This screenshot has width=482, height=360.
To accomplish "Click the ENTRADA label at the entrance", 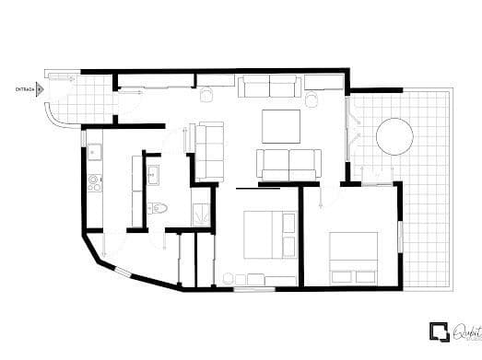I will click(25, 89).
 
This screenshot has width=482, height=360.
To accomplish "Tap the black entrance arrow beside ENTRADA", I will click(41, 89).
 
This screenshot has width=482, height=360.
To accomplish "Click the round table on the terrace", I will click(394, 137).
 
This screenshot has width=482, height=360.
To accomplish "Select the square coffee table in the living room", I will click(281, 125).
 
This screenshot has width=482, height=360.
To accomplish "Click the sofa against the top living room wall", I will click(268, 87).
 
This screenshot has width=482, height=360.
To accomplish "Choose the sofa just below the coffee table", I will click(288, 164).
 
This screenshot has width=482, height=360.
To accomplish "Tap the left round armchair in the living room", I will click(206, 93).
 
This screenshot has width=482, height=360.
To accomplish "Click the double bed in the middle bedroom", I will click(269, 236).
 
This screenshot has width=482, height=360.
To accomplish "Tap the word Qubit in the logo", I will click(462, 329).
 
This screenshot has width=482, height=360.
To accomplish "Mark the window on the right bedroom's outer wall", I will click(400, 234).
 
